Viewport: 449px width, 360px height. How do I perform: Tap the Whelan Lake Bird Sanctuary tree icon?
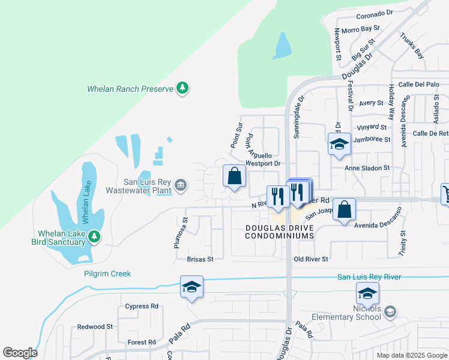(x=94, y=237)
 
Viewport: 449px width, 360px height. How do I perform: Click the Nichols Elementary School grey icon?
(x=390, y=311)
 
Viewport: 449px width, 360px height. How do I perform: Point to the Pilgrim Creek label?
(x=107, y=274)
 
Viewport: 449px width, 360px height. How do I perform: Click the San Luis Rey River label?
(x=369, y=277)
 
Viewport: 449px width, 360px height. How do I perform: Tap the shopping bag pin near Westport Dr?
(x=235, y=176)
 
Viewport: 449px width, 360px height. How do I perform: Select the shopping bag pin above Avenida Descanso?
(x=344, y=211)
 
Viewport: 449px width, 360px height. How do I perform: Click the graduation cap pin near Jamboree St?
(x=339, y=145)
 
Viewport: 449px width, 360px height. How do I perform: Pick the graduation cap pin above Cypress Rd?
(x=191, y=287)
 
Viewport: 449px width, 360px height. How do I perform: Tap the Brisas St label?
(x=200, y=259)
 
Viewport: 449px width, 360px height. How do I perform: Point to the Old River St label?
(x=311, y=259)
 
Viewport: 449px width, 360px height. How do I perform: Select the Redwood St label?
(x=95, y=327)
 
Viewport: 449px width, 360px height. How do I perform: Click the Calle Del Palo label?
(x=415, y=85)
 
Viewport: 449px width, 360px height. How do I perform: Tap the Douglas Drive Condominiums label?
(x=279, y=232)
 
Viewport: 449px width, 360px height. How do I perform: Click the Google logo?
(x=20, y=353)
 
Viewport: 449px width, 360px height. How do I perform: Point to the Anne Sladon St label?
(x=367, y=168)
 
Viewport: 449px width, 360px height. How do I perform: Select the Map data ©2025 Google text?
(x=411, y=355)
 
